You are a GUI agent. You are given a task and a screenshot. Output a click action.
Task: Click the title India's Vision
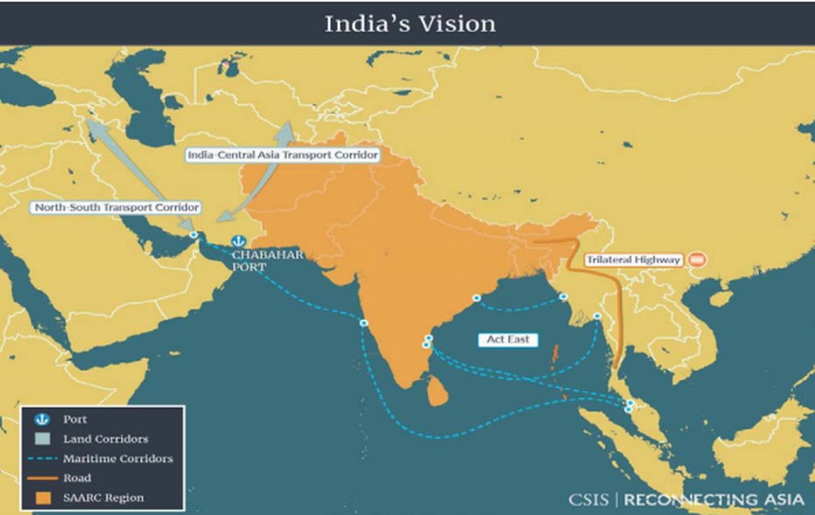(x=410, y=24)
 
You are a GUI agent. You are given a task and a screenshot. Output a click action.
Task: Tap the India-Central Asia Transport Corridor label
(x=282, y=155)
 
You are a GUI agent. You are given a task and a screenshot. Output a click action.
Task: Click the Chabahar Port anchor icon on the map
(x=238, y=241)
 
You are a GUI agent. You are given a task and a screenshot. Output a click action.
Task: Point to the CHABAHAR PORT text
(x=267, y=261)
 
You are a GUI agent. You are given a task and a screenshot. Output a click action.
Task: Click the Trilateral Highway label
(x=633, y=260)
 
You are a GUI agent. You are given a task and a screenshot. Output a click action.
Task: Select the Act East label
(x=507, y=339)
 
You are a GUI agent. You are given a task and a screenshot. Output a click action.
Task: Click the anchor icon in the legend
(x=42, y=419)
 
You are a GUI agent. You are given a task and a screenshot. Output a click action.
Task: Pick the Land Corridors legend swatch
(x=42, y=439)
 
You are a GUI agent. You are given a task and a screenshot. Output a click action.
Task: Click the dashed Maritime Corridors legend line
(x=42, y=459)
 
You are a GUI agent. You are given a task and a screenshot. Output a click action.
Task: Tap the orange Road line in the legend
(x=42, y=478)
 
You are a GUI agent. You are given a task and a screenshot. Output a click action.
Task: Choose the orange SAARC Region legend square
(x=42, y=498)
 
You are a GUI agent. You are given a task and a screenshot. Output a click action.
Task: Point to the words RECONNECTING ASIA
(x=713, y=500)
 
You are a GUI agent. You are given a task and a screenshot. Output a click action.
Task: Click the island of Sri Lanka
(x=437, y=392)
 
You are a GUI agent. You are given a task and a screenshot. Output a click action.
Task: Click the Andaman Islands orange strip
(x=554, y=353)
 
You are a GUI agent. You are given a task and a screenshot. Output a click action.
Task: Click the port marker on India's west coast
(x=364, y=323)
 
